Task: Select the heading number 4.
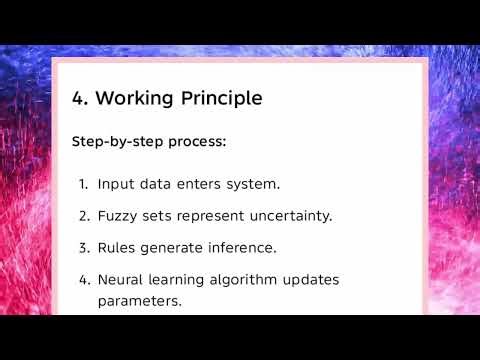click(78, 98)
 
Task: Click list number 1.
click(83, 184)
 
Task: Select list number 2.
click(83, 215)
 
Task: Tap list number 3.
click(83, 246)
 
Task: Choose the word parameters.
click(139, 299)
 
